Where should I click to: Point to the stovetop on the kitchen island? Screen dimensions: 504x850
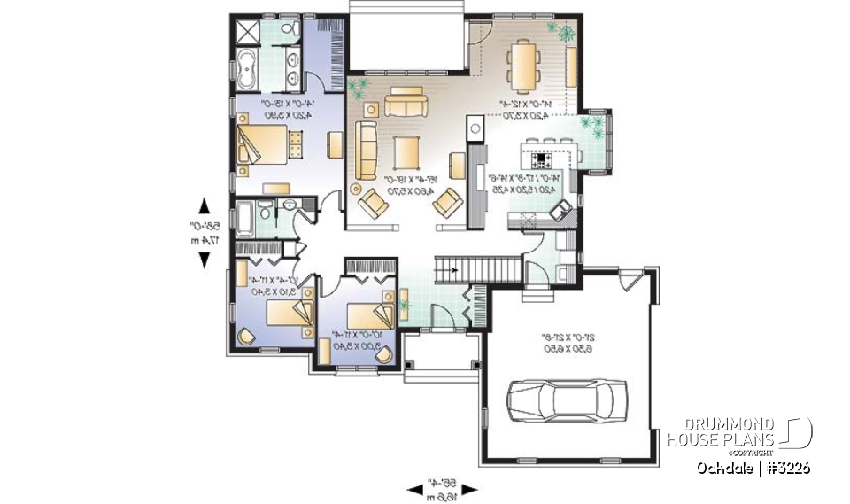pos(542,160)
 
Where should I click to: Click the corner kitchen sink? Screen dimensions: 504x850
pos(560,209)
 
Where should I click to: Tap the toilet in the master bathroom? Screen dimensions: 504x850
pos(289,32)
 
